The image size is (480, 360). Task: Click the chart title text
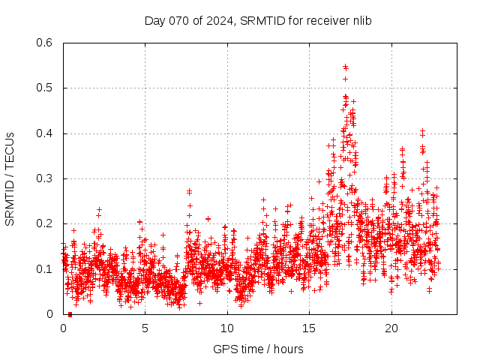point(258,20)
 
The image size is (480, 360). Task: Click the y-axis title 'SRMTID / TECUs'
point(10,178)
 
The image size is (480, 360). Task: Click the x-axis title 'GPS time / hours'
point(258,349)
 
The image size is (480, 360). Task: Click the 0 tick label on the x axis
point(63,328)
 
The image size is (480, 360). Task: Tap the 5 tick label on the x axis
point(145,328)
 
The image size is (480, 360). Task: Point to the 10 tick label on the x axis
point(227,328)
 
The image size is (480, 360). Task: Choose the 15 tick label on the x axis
point(309,328)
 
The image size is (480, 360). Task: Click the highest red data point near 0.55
point(345,66)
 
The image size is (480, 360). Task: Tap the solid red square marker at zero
point(70,314)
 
